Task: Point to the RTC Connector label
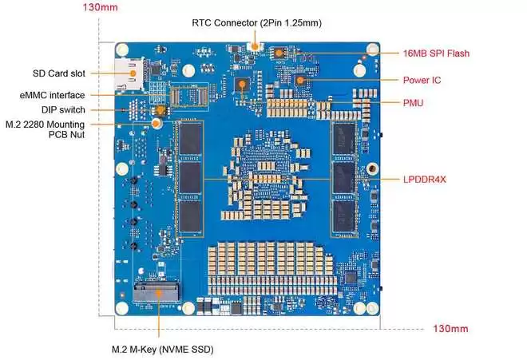(257, 22)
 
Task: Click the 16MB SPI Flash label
(436, 53)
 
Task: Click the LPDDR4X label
(425, 179)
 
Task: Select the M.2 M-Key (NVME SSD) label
(162, 349)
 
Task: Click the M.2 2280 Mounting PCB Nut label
(61, 129)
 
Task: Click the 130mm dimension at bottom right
(450, 328)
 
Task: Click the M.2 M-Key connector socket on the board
(158, 293)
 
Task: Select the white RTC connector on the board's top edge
(256, 46)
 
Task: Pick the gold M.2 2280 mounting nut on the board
(158, 123)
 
